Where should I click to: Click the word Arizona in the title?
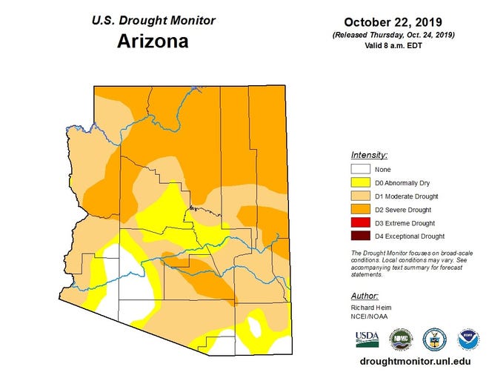coord(153,41)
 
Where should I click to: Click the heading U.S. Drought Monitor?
coord(153,20)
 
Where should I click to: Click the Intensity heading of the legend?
coord(369,156)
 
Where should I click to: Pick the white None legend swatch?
coord(361,170)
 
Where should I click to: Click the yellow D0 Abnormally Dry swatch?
coord(361,183)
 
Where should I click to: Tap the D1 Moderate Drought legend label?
coord(407,196)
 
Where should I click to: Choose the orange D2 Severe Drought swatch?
coord(361,210)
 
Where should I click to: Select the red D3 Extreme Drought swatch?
coord(361,223)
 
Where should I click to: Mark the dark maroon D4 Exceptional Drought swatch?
coord(361,236)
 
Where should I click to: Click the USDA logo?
coord(367,339)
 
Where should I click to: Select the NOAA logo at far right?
coord(468,339)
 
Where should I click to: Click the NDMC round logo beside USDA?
coord(401,339)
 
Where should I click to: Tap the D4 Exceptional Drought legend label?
coord(410,236)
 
